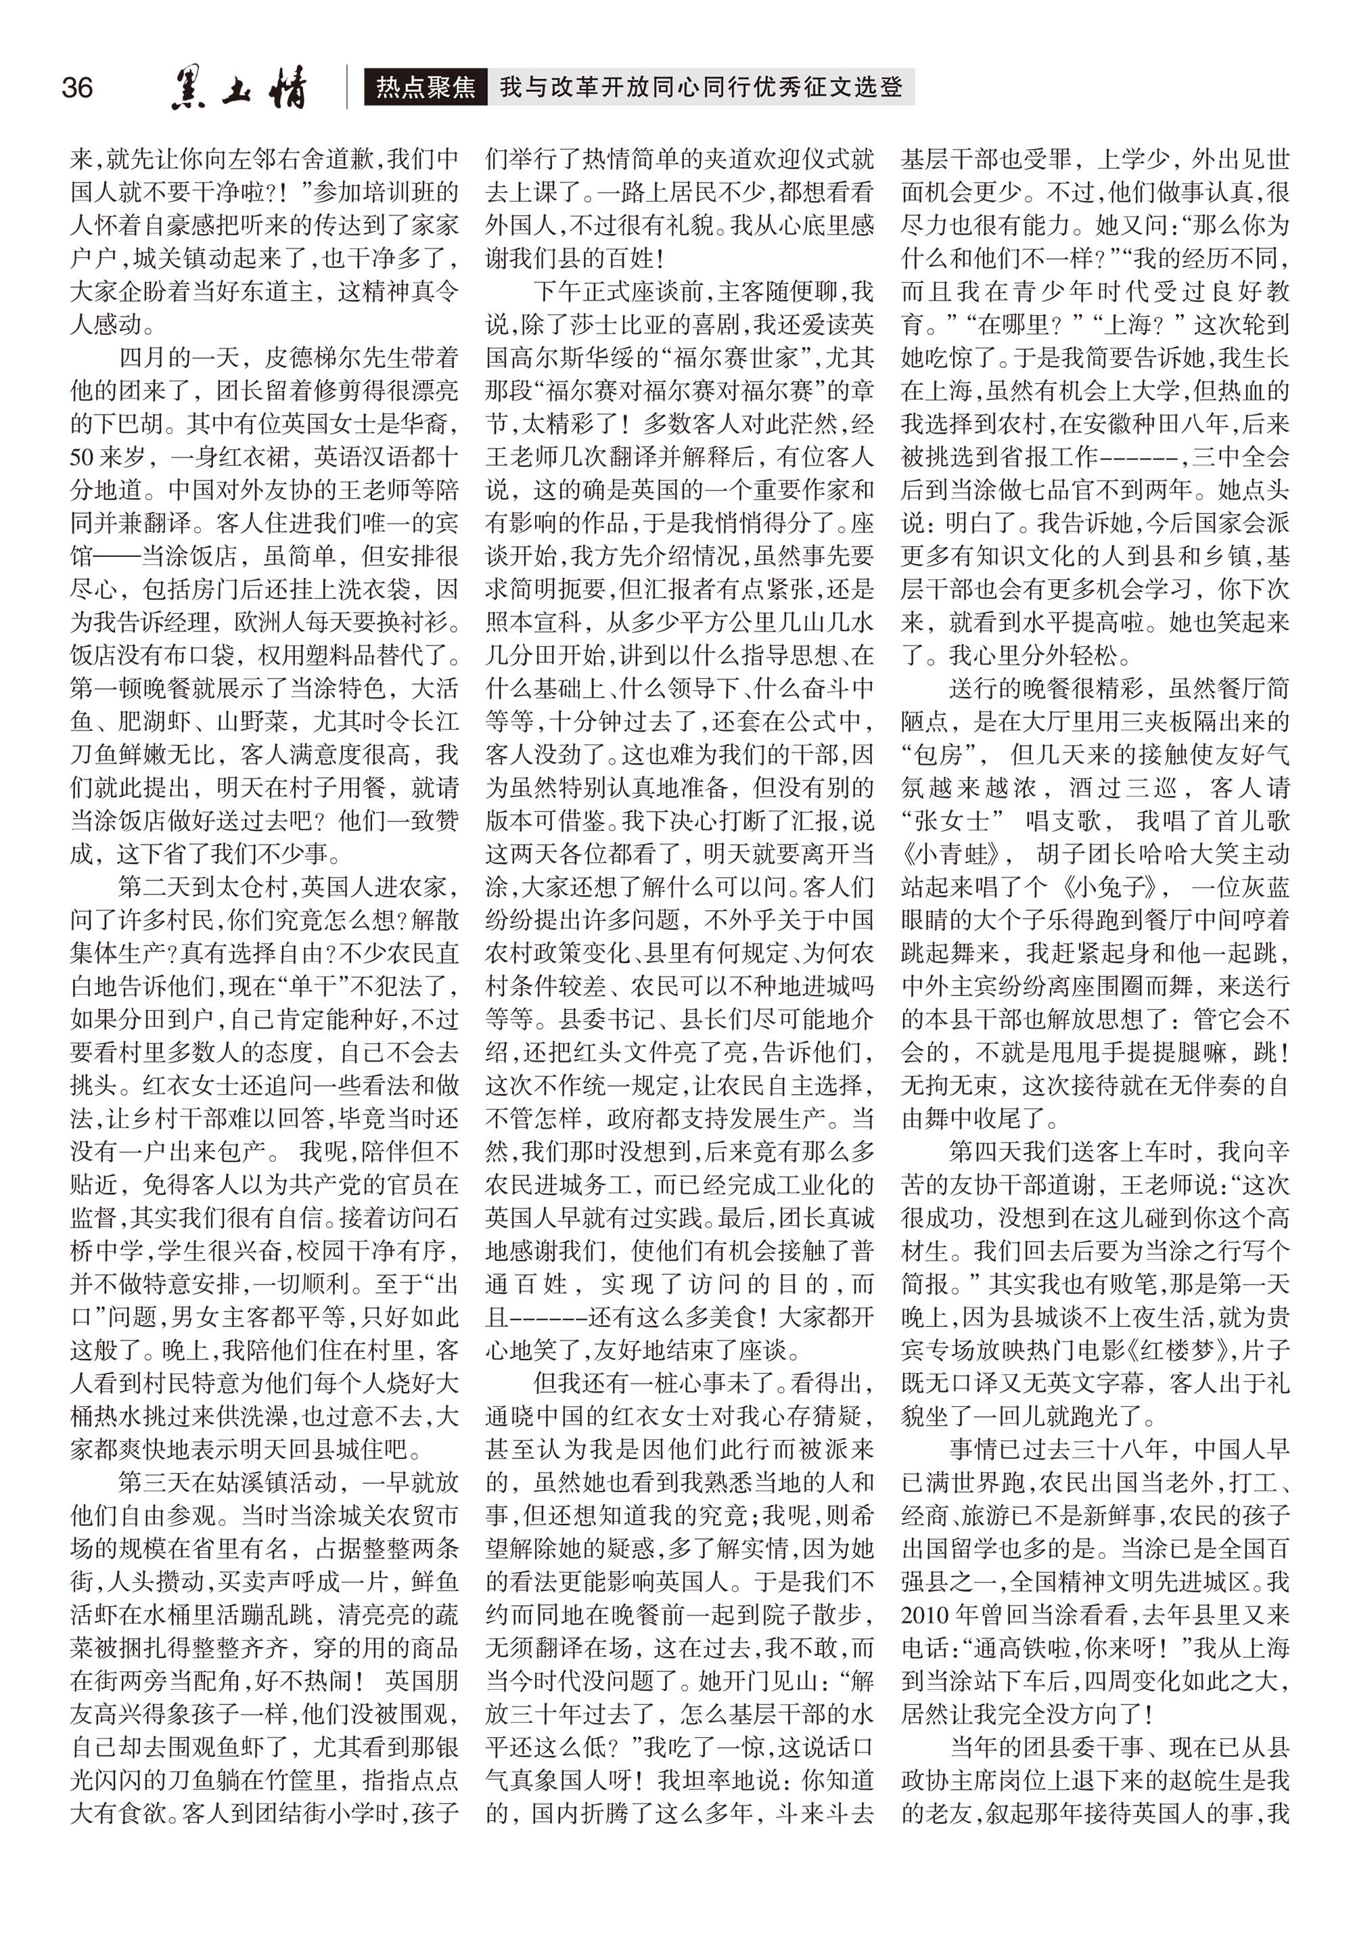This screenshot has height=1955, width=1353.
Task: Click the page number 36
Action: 77,87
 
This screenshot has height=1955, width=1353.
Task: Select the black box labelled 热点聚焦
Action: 426,87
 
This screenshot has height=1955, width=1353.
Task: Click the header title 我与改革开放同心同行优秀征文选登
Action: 701,87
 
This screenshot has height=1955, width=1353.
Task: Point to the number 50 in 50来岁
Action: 83,457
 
